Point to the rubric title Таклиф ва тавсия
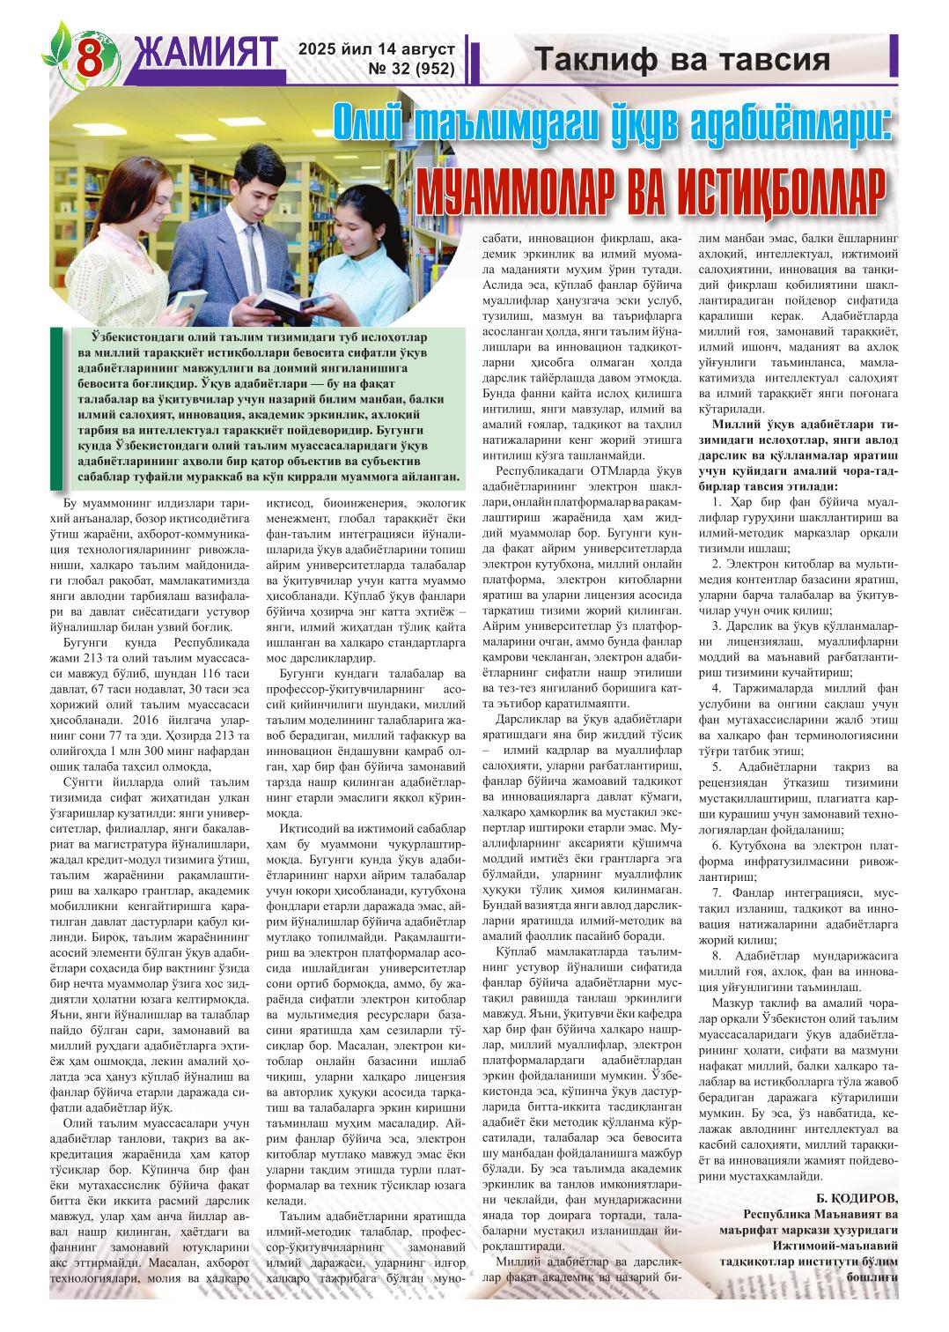click(682, 60)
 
